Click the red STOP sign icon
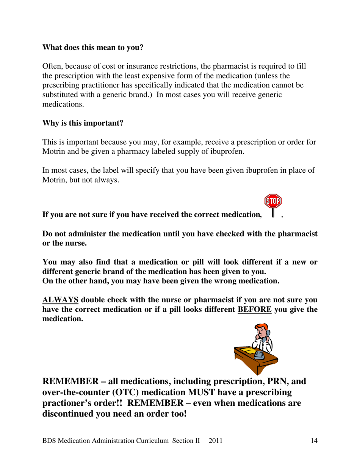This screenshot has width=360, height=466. tap(273, 201)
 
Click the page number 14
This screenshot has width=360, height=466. tap(313, 441)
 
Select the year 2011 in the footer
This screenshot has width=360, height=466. tap(216, 441)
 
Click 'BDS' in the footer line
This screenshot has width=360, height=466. tap(50, 441)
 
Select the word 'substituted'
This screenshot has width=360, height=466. tap(60, 95)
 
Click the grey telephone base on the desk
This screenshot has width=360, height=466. tap(260, 355)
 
